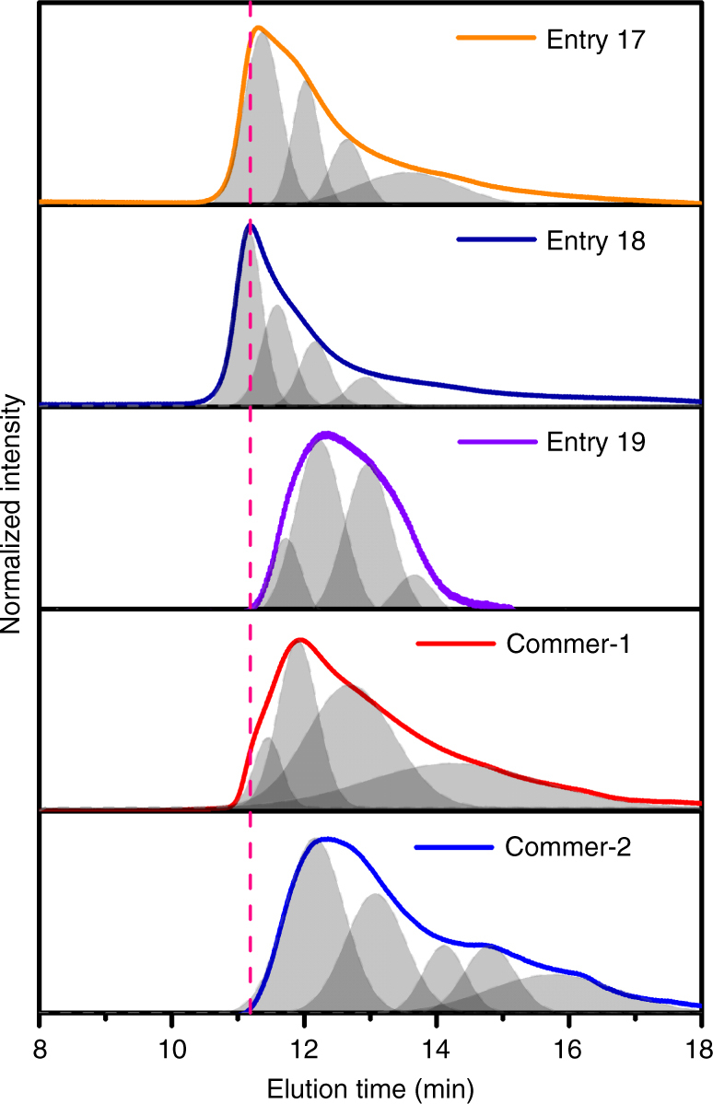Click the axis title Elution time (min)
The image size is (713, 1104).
click(370, 1087)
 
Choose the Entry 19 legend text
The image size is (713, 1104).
click(589, 442)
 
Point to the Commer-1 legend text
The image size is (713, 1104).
click(555, 643)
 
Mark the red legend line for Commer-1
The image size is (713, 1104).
click(456, 643)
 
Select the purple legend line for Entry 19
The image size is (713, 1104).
click(496, 442)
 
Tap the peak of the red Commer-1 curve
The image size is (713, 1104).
click(298, 639)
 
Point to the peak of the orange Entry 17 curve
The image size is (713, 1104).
click(258, 28)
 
